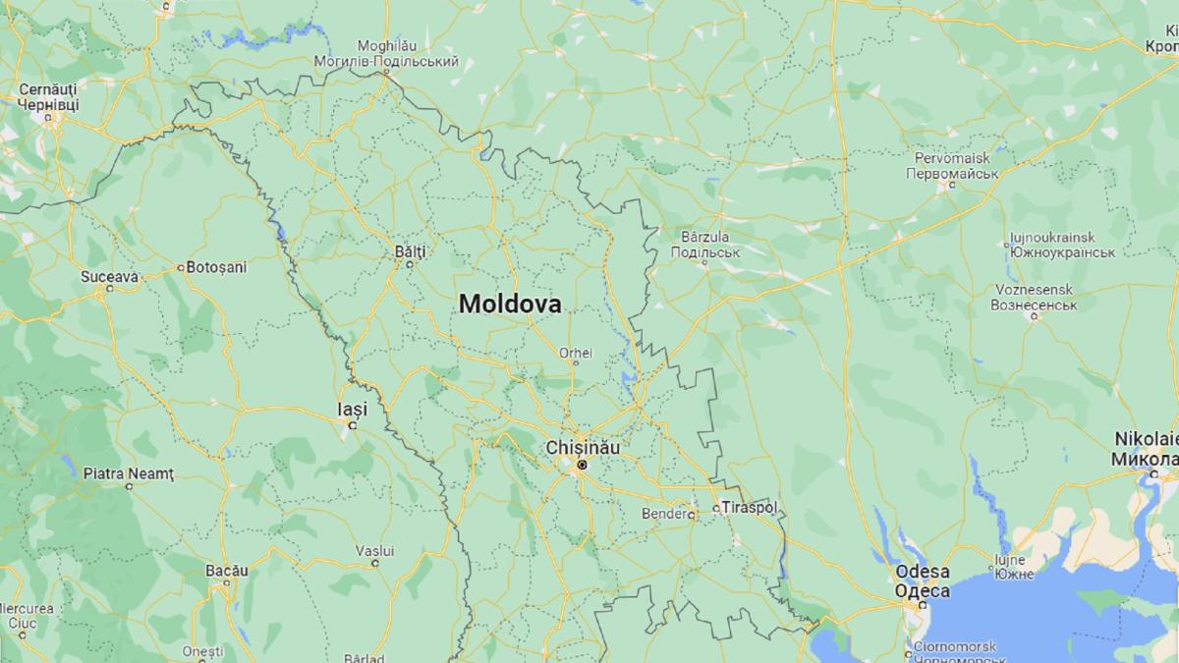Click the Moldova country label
510,304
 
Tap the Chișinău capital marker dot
582,464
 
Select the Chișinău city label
583,447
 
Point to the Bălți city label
410,251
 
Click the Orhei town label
576,353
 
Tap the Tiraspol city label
749,508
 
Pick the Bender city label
662,513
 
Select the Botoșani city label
217,266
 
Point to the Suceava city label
109,277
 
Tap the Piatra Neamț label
129,473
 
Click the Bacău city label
226,570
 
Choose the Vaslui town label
374,550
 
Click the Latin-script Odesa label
922,572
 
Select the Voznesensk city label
1034,290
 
